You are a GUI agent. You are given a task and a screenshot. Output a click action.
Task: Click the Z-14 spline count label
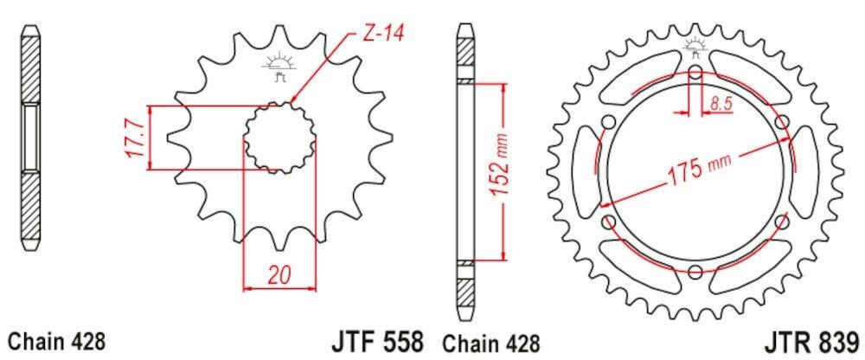(x=381, y=35)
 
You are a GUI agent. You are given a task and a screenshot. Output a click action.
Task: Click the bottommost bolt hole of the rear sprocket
(x=696, y=271)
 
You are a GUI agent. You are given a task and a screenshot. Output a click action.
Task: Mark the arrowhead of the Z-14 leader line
(x=294, y=100)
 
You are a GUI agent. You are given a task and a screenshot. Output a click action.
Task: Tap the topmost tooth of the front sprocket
(x=279, y=35)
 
